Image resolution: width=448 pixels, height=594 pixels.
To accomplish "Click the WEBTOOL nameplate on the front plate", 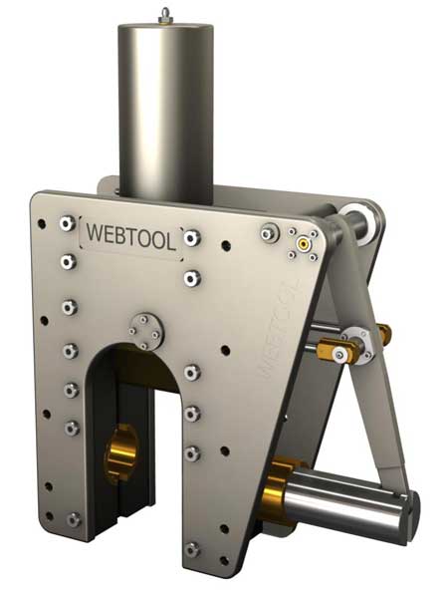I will point(131,238).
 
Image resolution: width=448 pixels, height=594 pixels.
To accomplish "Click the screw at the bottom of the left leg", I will point(73,518).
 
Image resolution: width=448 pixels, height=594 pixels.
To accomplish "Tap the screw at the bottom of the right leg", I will point(192,548).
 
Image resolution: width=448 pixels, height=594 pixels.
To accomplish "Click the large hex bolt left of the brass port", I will point(268,232).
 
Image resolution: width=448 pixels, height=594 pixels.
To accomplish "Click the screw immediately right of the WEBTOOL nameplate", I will point(192,239).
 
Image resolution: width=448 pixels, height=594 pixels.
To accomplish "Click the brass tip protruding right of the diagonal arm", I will point(383,334).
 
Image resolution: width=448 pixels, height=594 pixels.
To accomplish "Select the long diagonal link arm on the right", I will point(372,379).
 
